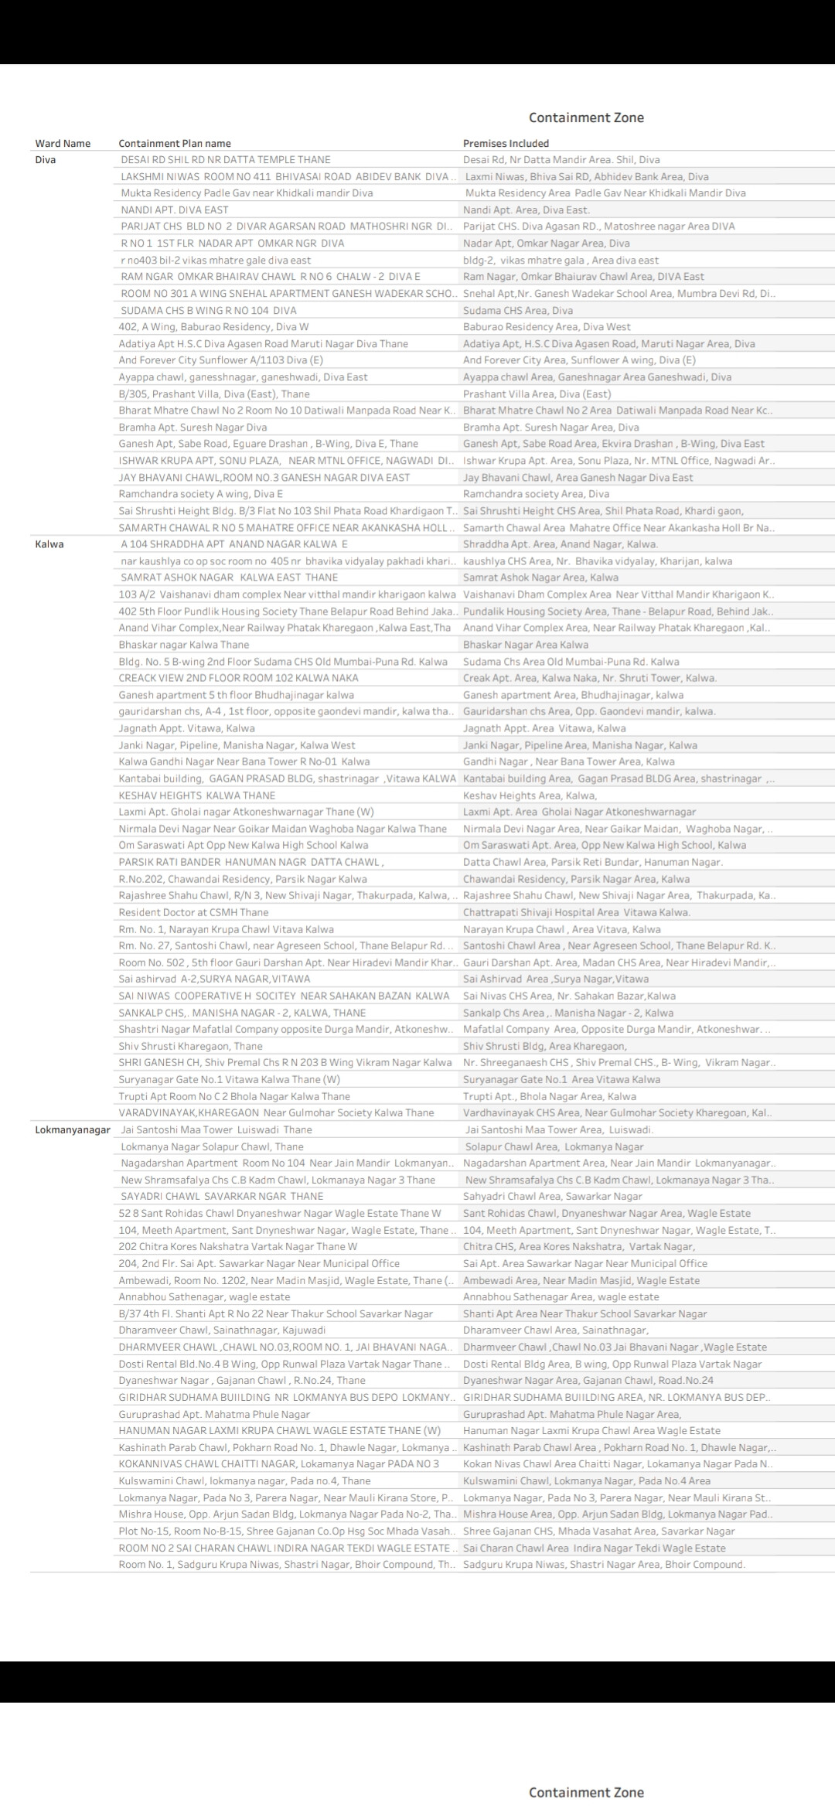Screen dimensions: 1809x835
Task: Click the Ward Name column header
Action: [63, 143]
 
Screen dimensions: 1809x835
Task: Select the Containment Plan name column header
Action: [175, 143]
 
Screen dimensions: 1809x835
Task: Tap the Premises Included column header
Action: [506, 143]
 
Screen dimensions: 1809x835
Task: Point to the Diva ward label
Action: [46, 160]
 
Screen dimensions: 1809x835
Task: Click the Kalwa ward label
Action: [49, 544]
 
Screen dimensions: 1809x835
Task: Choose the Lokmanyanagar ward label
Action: [73, 1129]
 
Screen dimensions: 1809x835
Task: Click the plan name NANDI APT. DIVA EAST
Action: [175, 210]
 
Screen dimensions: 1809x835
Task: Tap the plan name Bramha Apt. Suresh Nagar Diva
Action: [193, 428]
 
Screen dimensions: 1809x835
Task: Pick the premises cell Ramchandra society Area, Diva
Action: [536, 494]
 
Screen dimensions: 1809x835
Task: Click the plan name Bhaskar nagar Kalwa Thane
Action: [184, 645]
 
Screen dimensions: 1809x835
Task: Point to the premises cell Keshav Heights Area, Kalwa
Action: [530, 795]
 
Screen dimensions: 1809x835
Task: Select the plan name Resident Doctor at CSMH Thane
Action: [193, 912]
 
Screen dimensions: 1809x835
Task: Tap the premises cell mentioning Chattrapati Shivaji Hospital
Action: [577, 912]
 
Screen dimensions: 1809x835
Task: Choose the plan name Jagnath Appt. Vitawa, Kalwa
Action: [186, 728]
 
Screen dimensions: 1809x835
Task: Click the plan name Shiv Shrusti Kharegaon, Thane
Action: [190, 1046]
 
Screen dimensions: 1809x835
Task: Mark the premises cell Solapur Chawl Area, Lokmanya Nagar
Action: [554, 1146]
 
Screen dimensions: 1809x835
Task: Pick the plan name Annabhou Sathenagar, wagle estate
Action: [204, 1297]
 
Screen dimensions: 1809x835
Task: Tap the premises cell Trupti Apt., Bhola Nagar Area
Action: [550, 1096]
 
